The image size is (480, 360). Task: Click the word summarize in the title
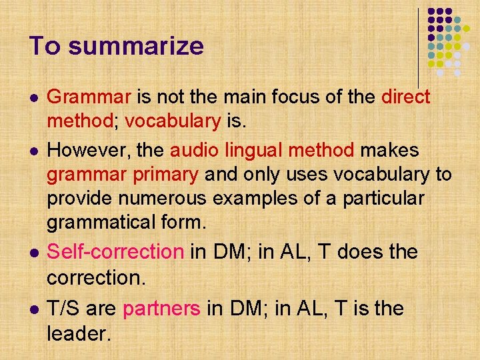(135, 47)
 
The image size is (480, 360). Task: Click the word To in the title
(45, 46)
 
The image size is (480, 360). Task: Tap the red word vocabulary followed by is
(172, 122)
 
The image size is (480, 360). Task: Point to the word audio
(194, 151)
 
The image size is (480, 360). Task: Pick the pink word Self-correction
(115, 252)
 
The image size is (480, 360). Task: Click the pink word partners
(161, 309)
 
